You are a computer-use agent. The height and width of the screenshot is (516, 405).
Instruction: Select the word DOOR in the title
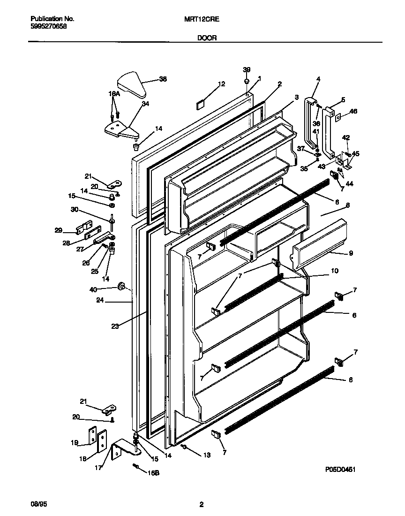pyautogui.click(x=206, y=38)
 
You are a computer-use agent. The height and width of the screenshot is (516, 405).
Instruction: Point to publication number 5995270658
pyautogui.click(x=49, y=27)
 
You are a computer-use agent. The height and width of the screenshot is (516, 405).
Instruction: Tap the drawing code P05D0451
pyautogui.click(x=343, y=469)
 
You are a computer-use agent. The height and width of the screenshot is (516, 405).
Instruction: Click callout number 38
pyautogui.click(x=163, y=79)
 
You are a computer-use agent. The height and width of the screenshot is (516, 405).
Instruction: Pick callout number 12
pyautogui.click(x=221, y=84)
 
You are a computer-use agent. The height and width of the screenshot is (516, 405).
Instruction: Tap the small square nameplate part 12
pyautogui.click(x=199, y=104)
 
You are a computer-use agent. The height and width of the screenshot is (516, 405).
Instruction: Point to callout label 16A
pyautogui.click(x=114, y=94)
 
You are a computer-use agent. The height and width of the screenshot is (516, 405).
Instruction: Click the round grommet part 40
pyautogui.click(x=121, y=286)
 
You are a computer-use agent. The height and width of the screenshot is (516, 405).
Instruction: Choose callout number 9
pyautogui.click(x=351, y=253)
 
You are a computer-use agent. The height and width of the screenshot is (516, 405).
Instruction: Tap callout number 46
pyautogui.click(x=353, y=111)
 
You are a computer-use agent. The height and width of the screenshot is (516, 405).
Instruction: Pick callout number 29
pyautogui.click(x=59, y=230)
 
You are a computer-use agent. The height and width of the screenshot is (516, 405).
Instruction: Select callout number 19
pyautogui.click(x=74, y=442)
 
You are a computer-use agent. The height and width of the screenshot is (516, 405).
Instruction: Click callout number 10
pyautogui.click(x=334, y=271)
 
